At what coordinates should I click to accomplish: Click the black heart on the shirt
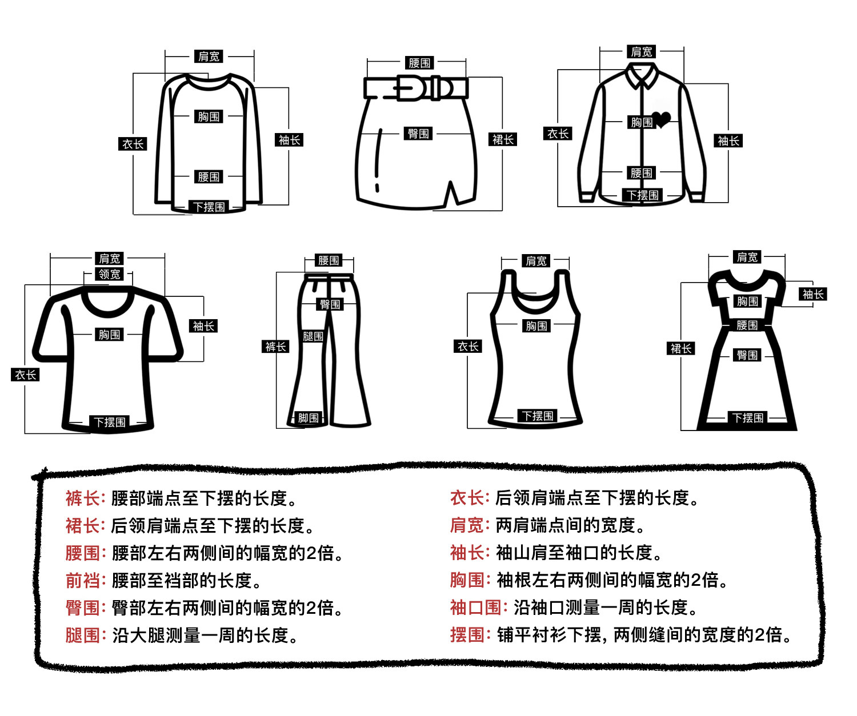662,119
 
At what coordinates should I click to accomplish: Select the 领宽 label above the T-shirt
109,274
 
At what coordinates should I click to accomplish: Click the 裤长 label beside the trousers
275,347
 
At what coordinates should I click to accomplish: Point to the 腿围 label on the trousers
313,336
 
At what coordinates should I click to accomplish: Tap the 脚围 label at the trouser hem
309,418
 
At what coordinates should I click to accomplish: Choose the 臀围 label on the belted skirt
418,134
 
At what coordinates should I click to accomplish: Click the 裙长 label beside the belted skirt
503,139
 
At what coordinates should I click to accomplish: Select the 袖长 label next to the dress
813,294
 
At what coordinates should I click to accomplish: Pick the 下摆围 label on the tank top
538,416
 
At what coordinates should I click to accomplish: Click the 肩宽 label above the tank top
536,261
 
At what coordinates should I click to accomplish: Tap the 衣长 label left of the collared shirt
558,134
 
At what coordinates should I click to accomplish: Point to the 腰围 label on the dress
747,325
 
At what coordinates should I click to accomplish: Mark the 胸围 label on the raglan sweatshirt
209,116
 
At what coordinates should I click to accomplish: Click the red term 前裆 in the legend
83,580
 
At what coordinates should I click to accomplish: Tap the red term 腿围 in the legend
83,635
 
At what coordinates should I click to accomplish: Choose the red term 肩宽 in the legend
467,525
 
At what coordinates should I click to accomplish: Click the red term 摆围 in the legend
467,634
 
